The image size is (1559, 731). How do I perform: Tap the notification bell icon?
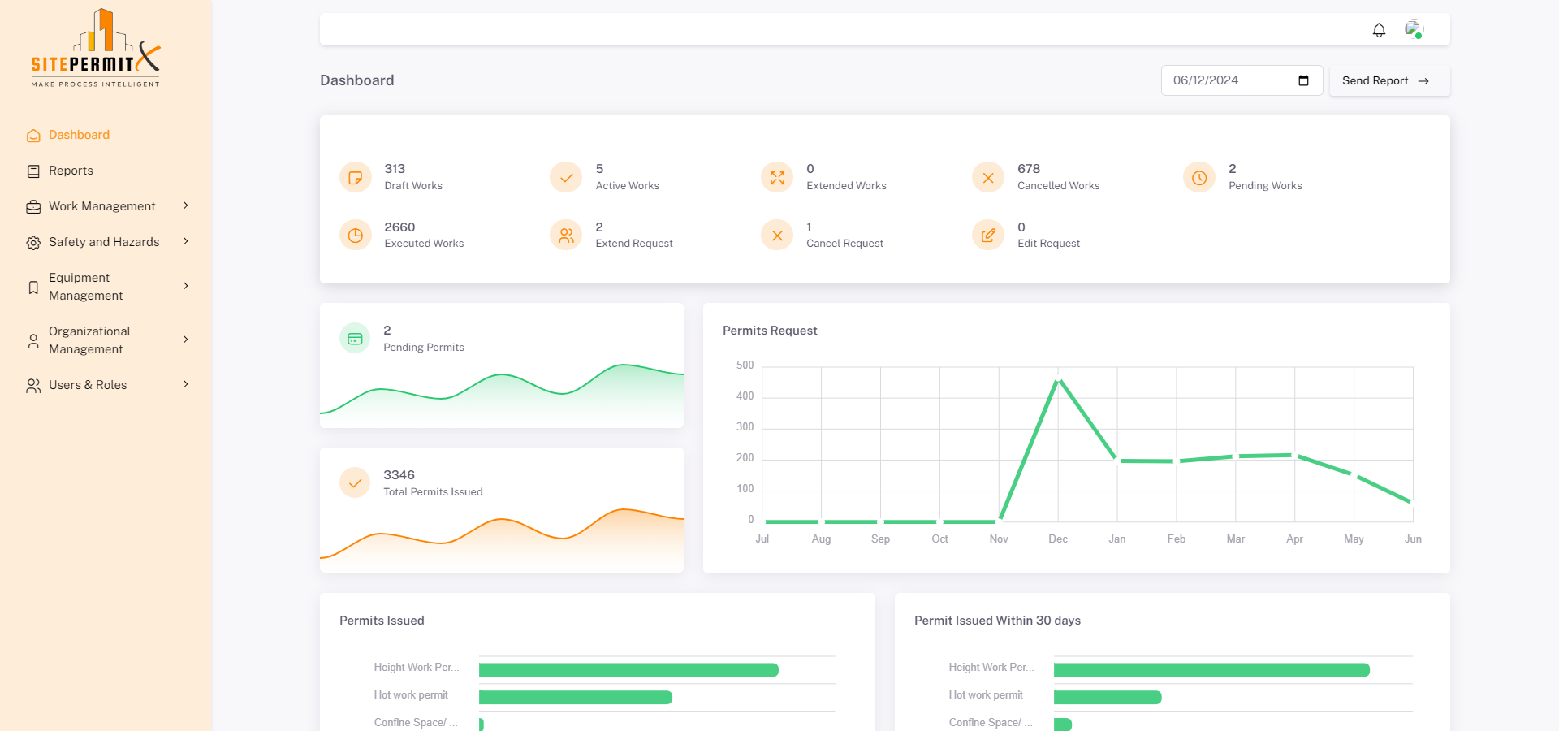pos(1379,30)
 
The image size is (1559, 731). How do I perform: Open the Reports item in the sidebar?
pos(71,171)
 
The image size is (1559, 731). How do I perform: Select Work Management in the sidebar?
pos(101,206)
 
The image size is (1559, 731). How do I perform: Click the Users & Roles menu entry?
pos(88,385)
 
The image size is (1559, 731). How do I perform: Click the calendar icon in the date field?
pos(1303,80)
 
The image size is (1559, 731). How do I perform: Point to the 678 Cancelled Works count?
pos(1029,169)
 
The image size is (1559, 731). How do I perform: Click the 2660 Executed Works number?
pos(399,227)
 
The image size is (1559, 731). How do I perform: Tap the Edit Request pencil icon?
pos(988,236)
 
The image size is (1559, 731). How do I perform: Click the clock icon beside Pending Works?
pos(1199,178)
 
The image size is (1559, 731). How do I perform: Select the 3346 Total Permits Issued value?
pos(399,475)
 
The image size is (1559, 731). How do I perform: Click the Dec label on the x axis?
pos(1058,539)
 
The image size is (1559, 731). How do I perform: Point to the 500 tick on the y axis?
pos(745,365)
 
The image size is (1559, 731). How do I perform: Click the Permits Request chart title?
pos(770,331)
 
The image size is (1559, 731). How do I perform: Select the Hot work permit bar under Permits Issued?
pos(575,697)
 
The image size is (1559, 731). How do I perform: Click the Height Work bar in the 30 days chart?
pos(1211,670)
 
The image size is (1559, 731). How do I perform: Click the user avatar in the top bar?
pos(1414,30)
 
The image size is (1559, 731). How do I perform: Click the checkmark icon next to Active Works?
pos(566,178)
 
